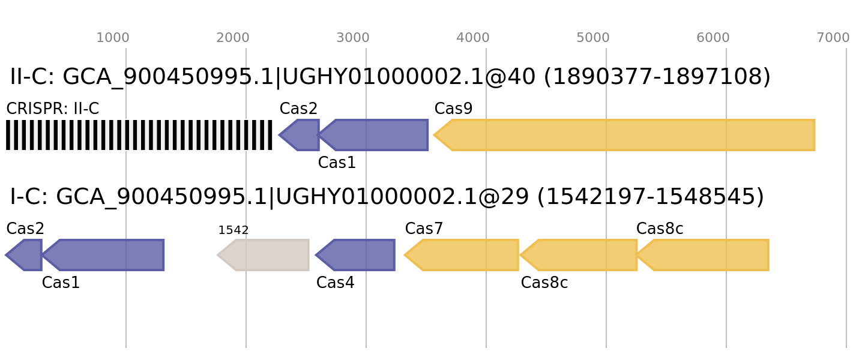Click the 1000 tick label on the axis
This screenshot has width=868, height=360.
(113, 38)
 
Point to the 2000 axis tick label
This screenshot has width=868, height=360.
(233, 38)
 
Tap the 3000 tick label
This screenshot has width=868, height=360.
(353, 38)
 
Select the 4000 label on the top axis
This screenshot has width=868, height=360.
(473, 38)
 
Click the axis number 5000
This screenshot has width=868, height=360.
(593, 38)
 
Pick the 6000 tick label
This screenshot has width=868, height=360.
(713, 38)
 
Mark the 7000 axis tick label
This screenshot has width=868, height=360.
(833, 38)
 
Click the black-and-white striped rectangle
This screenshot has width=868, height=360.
(139, 135)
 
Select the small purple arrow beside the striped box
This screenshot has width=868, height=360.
(300, 135)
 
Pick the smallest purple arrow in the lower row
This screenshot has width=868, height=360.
(25, 255)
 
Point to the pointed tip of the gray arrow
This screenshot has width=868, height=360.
(217, 255)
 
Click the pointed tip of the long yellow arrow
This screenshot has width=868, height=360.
(434, 135)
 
